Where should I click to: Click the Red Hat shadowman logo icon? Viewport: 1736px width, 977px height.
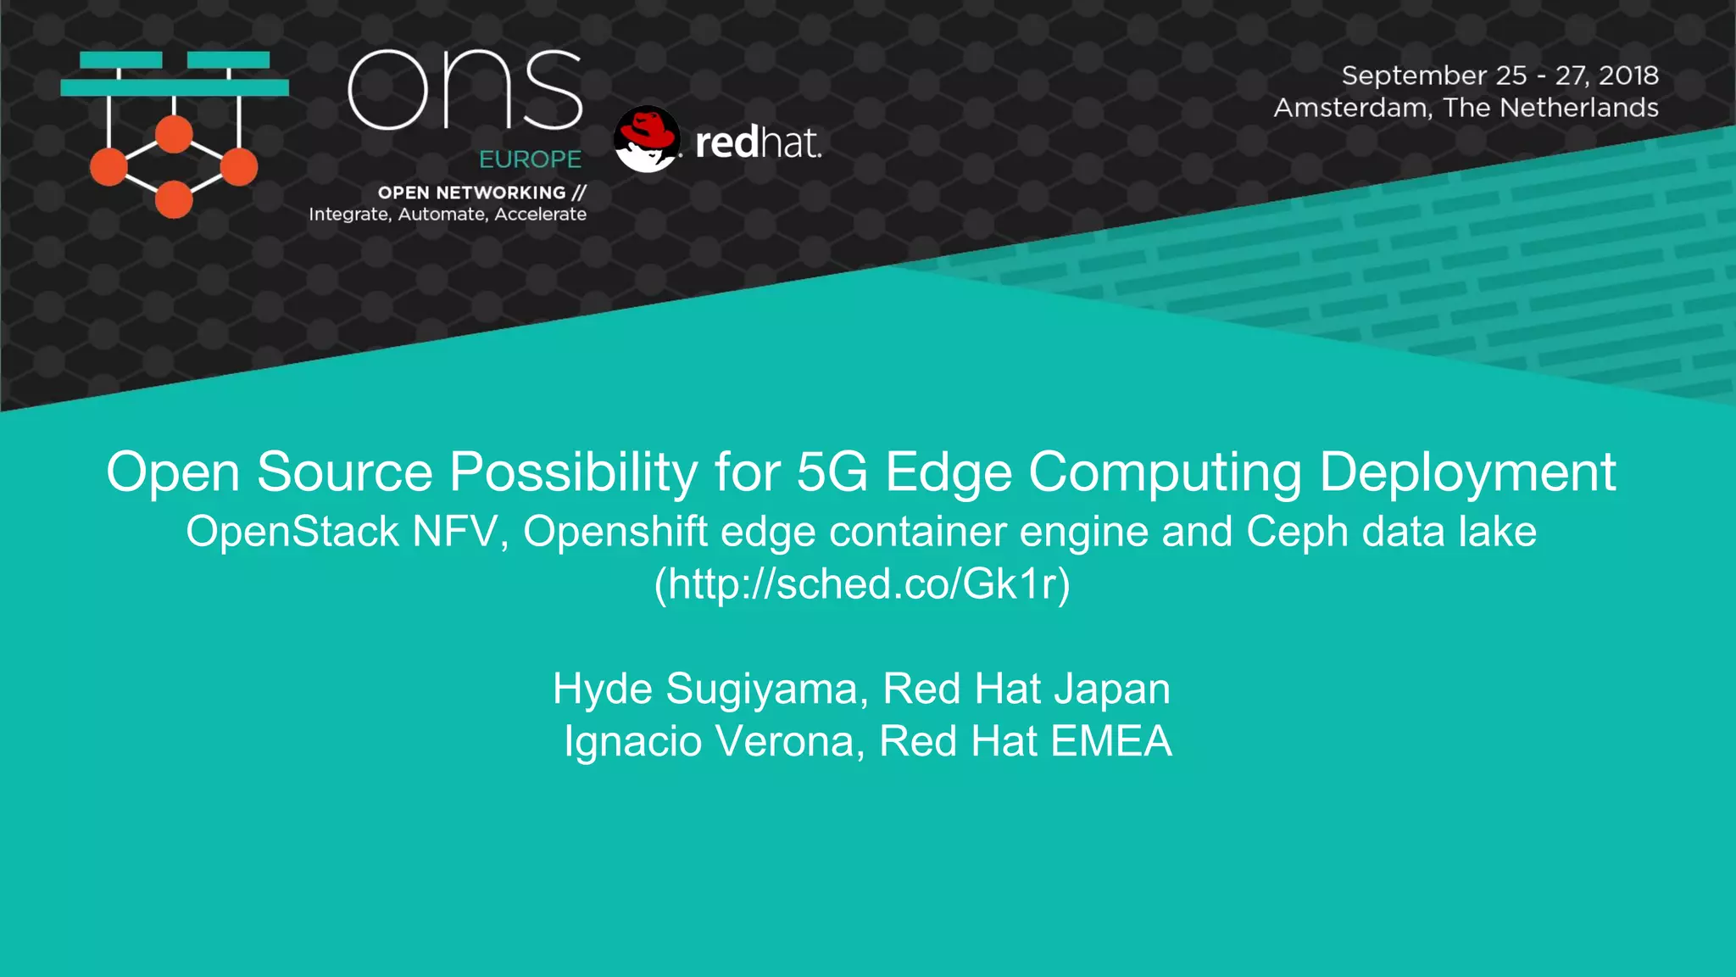click(646, 139)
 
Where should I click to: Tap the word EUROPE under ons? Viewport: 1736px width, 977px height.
click(530, 159)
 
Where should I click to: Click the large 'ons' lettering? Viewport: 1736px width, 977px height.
click(465, 90)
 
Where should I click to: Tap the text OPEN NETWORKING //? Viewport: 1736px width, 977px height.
click(481, 193)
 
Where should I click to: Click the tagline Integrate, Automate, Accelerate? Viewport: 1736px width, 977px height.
click(448, 215)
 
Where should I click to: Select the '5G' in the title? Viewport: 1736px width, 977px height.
click(832, 472)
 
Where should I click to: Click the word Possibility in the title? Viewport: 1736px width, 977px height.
click(573, 472)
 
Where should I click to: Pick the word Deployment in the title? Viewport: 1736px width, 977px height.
click(1467, 472)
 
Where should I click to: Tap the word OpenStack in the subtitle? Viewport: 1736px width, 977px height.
click(292, 532)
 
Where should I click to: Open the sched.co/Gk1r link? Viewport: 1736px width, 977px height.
click(862, 584)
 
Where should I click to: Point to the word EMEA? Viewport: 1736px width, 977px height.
click(1110, 740)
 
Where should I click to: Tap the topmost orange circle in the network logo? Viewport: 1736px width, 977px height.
click(174, 134)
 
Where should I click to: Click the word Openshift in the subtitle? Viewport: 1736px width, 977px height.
click(615, 532)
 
